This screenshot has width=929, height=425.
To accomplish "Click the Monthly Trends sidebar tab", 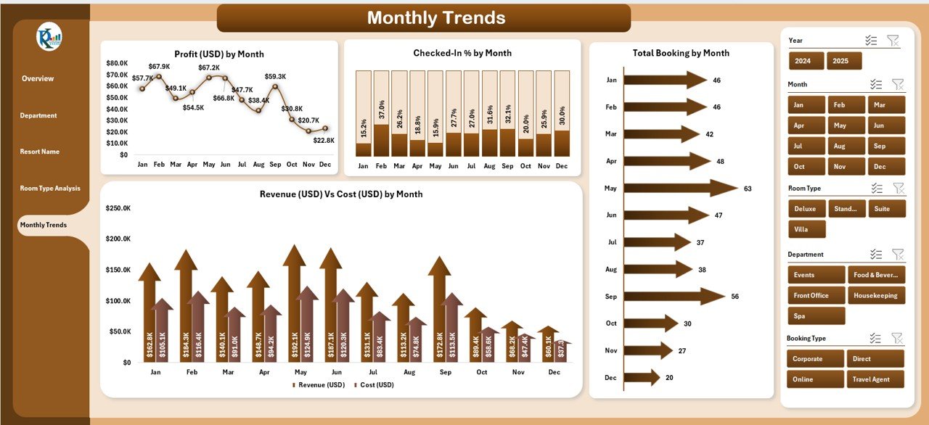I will coord(44,225).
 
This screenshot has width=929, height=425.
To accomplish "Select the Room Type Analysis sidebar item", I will coord(50,189).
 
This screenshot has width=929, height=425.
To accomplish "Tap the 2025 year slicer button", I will coord(843,61).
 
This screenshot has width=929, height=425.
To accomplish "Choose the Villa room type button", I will coord(806,229).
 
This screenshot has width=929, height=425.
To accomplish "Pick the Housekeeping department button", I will coord(875,295).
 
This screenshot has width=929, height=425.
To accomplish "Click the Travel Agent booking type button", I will coord(875,379).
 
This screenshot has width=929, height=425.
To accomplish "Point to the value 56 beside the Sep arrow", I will coord(735,296).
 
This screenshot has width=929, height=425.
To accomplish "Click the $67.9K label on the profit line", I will coord(159,67).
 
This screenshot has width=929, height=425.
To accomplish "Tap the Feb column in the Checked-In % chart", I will coord(381,114).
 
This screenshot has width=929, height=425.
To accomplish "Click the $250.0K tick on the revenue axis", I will coord(118,208).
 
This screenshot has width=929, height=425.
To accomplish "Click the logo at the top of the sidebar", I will coord(49,37).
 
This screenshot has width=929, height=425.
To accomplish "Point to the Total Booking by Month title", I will coord(681,53).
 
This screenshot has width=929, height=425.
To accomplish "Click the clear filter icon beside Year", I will coord(893,41).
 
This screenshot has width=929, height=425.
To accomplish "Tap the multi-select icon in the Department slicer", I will coord(876,255).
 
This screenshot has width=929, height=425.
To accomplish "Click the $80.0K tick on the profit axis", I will coord(117,63).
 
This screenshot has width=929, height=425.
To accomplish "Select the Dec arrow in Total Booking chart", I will coord(642,377).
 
